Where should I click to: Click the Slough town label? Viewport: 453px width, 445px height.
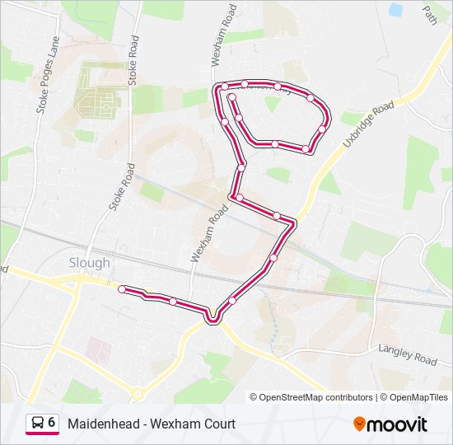[89, 263]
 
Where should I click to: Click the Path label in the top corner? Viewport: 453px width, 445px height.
[429, 14]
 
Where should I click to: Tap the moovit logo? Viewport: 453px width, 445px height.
[390, 424]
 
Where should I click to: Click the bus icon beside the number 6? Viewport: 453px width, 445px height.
[38, 423]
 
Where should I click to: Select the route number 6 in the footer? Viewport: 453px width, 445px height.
[52, 423]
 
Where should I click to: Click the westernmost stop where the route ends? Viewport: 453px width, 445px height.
[122, 289]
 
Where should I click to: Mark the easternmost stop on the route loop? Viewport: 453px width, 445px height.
[322, 129]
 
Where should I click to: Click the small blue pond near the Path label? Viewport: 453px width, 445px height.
[396, 11]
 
